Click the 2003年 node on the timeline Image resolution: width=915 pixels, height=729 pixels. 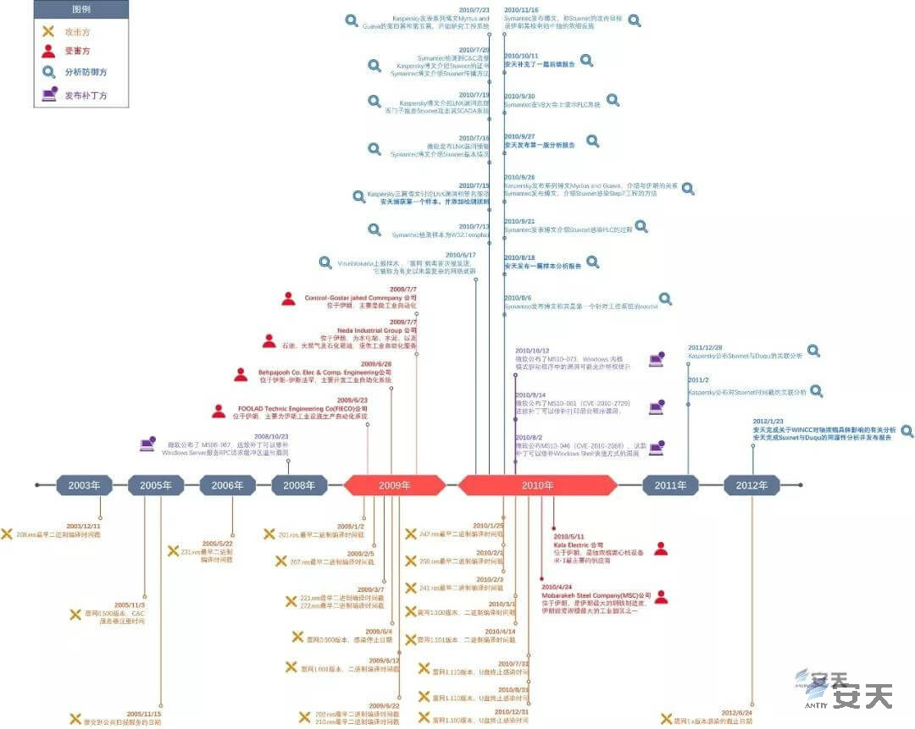click(x=84, y=485)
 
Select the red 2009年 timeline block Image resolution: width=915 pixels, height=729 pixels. click(x=394, y=485)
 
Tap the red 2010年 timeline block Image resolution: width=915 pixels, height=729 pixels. click(x=537, y=485)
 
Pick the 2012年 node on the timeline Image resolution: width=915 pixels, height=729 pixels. click(x=751, y=485)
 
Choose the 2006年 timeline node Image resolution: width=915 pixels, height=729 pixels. click(x=227, y=485)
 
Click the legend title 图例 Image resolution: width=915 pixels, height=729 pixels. click(x=81, y=9)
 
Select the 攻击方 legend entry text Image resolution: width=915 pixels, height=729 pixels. click(x=78, y=31)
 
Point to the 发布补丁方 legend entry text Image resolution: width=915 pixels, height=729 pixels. click(x=86, y=96)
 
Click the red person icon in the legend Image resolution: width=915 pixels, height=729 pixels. click(x=48, y=52)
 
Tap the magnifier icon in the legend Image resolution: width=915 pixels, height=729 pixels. click(x=48, y=73)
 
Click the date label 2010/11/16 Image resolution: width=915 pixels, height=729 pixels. click(x=521, y=9)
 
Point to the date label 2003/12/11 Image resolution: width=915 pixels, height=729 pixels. click(x=83, y=526)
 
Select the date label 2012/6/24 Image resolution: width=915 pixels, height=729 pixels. click(x=736, y=713)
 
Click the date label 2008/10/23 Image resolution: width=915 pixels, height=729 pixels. click(x=271, y=436)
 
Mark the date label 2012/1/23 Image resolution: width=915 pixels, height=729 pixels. click(x=768, y=421)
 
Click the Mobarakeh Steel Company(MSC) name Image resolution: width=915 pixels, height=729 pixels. click(x=596, y=595)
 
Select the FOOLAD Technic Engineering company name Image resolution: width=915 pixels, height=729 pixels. click(x=302, y=408)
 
